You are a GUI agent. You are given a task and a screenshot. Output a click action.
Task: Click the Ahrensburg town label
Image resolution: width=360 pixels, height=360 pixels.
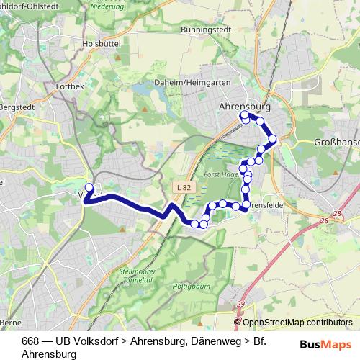243,106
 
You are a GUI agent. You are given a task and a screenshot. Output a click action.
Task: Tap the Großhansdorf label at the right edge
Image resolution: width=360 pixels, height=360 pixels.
337,143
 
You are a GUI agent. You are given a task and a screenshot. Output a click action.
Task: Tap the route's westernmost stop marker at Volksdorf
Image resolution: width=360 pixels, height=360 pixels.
89,187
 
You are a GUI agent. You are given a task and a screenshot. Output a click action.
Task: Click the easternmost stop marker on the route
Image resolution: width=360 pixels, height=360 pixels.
272,139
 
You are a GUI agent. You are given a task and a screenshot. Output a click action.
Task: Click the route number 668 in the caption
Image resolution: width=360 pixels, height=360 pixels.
31,341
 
